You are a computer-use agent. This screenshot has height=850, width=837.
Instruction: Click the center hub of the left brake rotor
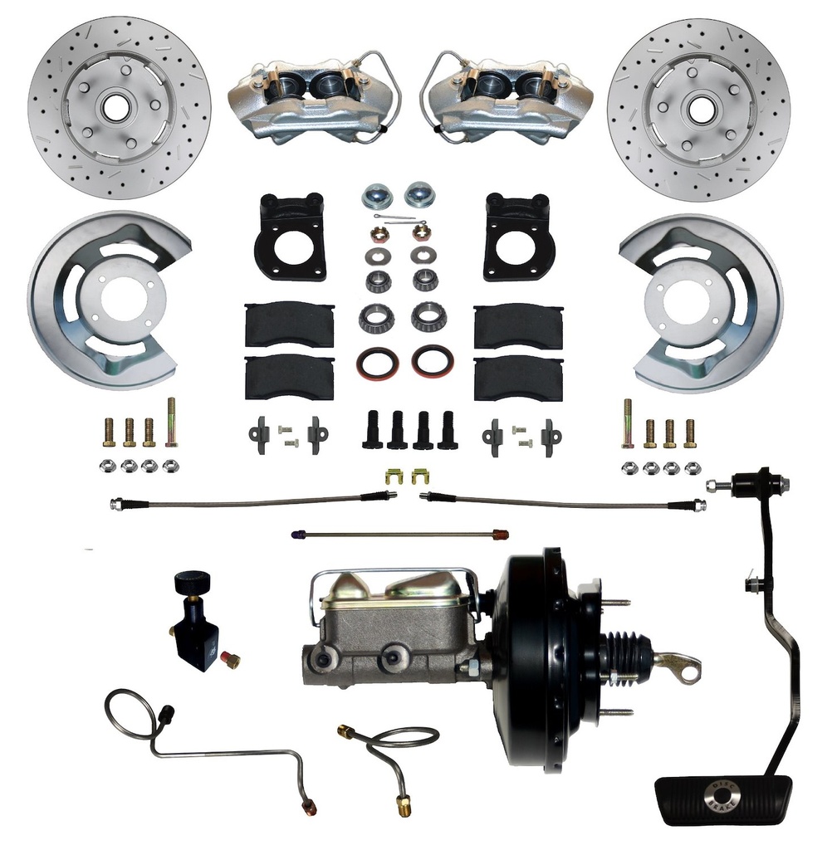tap(113, 106)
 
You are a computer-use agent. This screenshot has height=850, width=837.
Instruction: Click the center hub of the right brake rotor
tap(702, 108)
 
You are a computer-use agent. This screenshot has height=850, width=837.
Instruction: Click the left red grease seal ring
tap(379, 363)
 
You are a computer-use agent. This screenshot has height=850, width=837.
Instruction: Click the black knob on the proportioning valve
tap(193, 579)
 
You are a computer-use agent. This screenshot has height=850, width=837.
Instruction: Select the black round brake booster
tap(540, 660)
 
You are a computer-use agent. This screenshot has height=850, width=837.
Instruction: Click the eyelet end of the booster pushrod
tap(687, 669)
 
